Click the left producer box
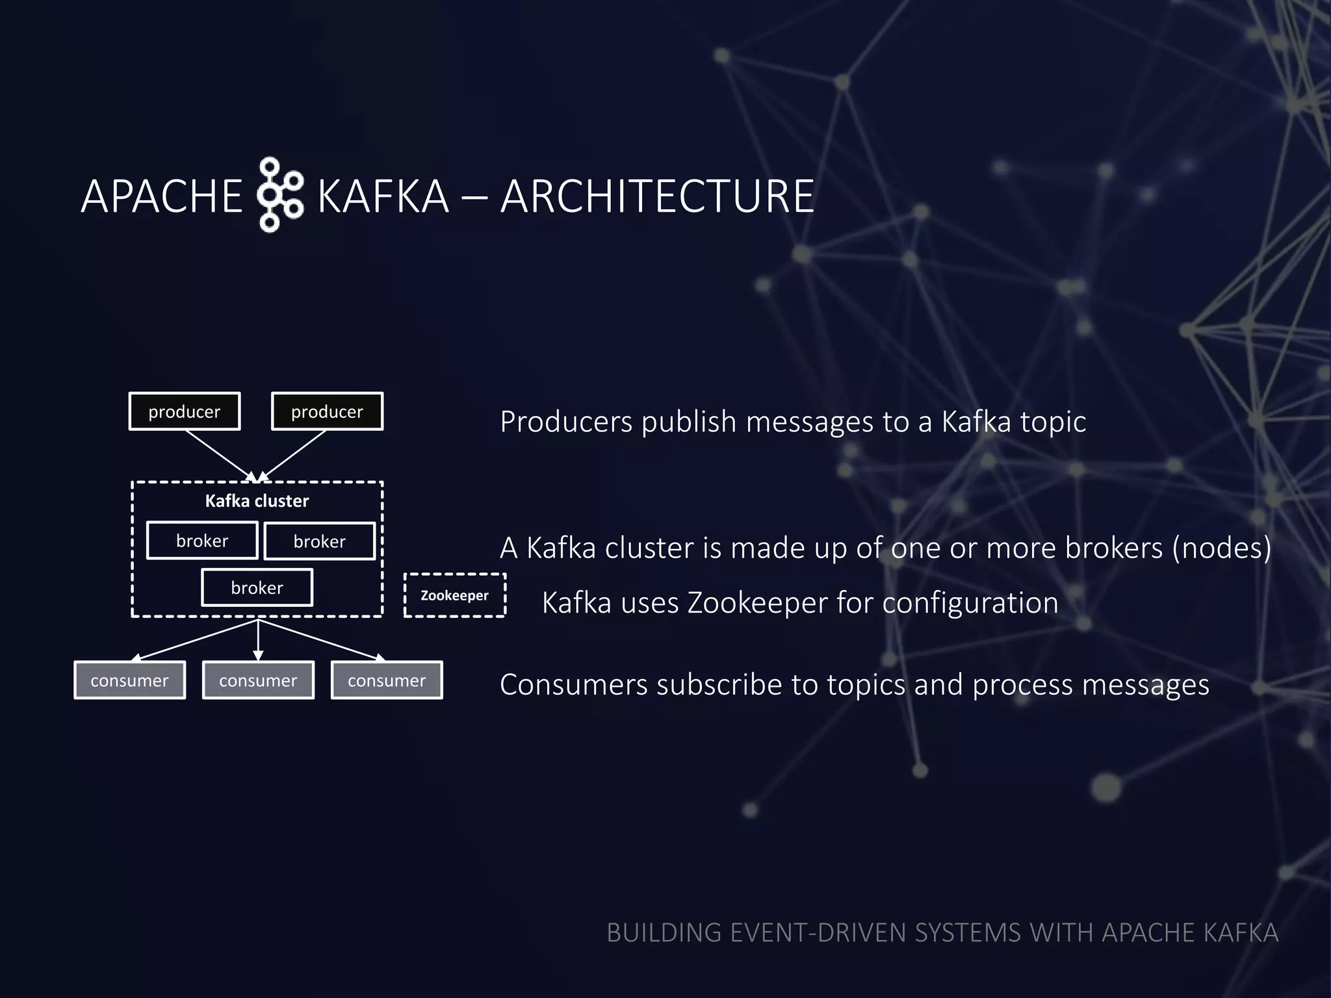point(185,411)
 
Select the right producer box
point(327,411)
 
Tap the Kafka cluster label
point(257,501)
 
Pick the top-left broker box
point(202,541)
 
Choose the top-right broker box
point(319,541)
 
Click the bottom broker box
point(257,587)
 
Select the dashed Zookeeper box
point(454,595)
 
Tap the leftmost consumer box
point(129,680)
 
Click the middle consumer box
point(258,680)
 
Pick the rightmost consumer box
point(387,680)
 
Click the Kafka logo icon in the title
point(279,194)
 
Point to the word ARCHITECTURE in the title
point(657,196)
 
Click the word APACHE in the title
point(161,196)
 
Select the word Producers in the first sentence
point(566,422)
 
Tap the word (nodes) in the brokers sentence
point(1222,548)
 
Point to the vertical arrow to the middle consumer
point(258,640)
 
